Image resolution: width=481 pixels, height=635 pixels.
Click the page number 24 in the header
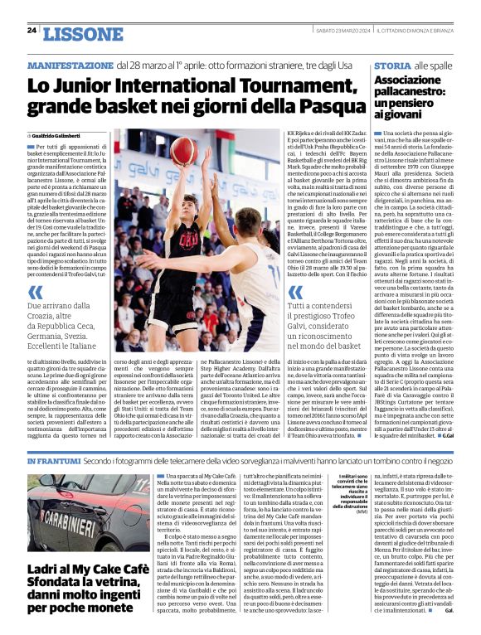pos(32,31)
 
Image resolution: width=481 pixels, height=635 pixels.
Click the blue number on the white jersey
pos(239,264)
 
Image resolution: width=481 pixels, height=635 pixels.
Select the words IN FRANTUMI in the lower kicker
pos(53,461)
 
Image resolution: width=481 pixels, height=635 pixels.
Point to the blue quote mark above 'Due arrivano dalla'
pos(35,291)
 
